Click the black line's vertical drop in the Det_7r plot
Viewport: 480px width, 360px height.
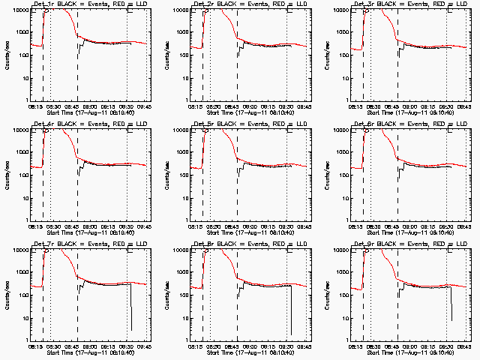click(130, 307)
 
